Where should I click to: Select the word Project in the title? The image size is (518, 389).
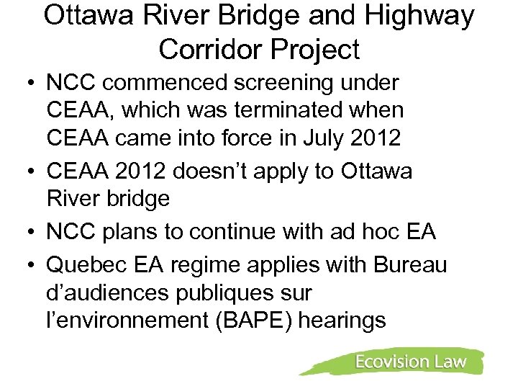317,49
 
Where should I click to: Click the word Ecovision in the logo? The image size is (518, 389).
391,362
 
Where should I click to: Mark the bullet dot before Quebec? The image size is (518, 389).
32,266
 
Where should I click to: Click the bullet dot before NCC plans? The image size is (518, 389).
32,231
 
